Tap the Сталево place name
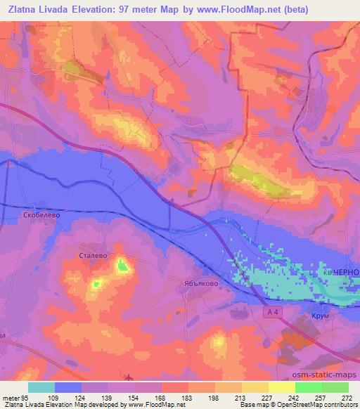[x=92, y=256]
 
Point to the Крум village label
[x=321, y=317]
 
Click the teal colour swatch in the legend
[x=41, y=387]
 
